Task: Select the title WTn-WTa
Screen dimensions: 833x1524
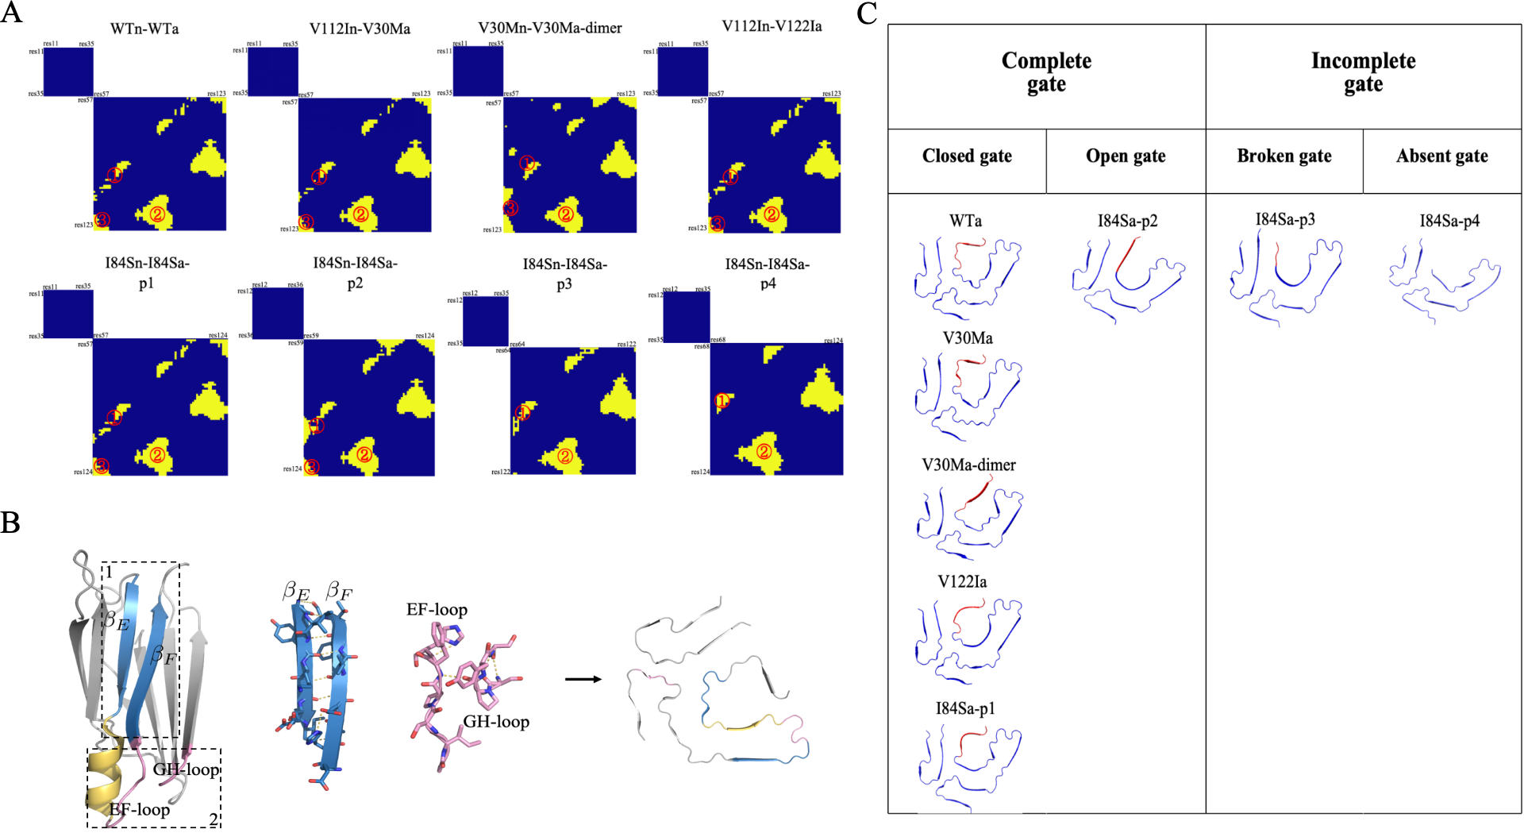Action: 144,29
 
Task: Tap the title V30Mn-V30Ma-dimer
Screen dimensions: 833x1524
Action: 550,28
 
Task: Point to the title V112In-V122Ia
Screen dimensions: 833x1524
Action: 772,26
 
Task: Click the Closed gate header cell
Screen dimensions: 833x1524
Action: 967,156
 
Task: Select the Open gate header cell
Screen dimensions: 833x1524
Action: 1126,156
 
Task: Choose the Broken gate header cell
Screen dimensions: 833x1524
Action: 1284,156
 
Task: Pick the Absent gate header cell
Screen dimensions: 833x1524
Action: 1442,156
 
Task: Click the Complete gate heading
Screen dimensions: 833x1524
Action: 1046,72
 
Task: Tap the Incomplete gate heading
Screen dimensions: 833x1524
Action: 1363,72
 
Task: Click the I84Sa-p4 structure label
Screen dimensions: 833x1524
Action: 1449,221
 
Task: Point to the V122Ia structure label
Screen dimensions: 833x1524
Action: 962,581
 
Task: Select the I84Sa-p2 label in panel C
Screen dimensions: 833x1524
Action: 1127,221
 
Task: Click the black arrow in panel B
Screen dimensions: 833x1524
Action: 583,679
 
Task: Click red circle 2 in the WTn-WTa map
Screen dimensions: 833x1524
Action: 157,214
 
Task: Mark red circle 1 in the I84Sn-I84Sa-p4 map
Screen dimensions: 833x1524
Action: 722,401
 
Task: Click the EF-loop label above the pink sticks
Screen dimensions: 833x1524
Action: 437,609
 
